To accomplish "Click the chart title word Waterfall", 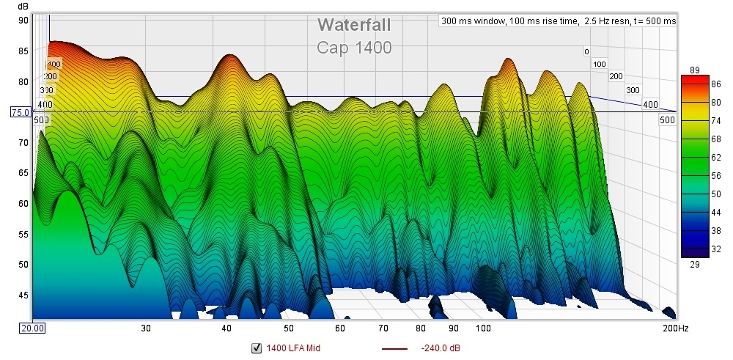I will tap(353, 25).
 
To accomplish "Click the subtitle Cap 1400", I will tap(354, 48).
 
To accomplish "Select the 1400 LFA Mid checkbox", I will tap(257, 348).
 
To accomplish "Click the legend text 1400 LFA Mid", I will tap(293, 348).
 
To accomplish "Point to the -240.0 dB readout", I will tap(441, 348).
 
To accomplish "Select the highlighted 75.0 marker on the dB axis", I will tap(19, 112).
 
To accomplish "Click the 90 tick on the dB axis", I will tap(23, 21).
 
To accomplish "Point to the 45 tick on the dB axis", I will tap(23, 295).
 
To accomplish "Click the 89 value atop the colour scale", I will tap(696, 70).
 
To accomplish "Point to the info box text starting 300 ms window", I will tap(558, 21).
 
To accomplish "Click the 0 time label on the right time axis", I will tap(586, 52).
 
